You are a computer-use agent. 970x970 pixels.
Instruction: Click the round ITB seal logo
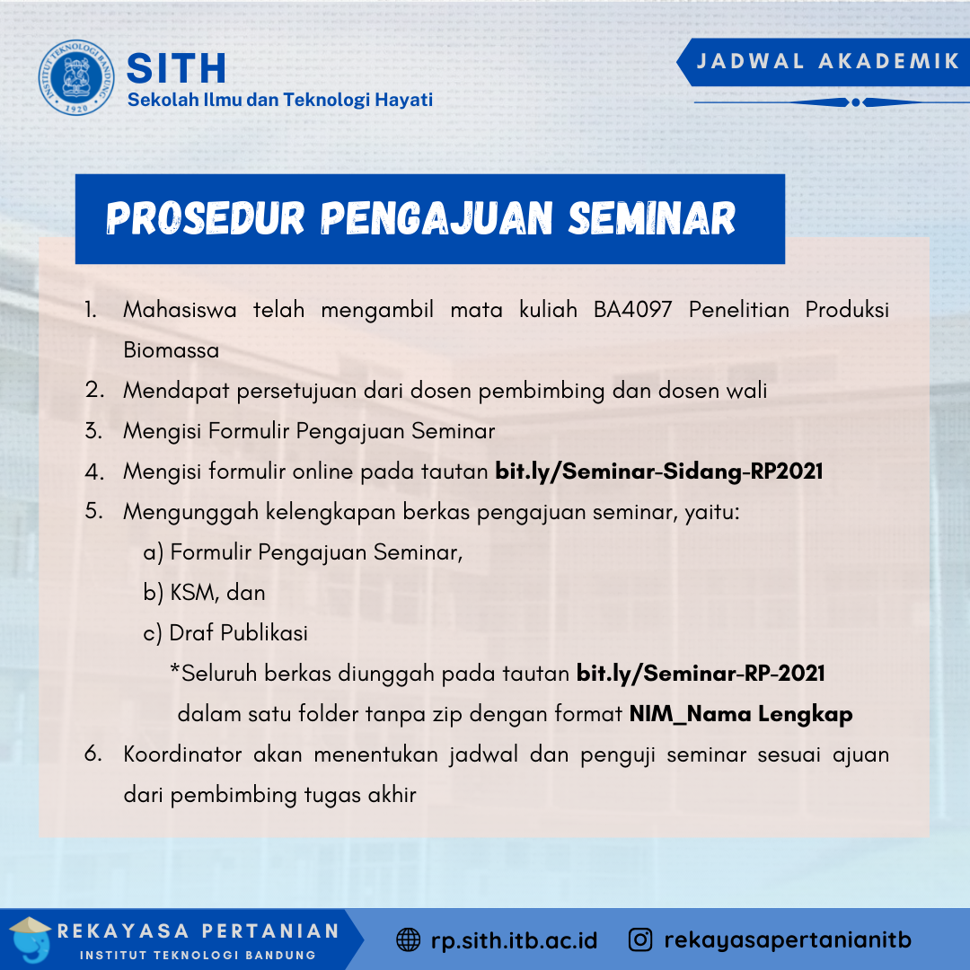pyautogui.click(x=76, y=76)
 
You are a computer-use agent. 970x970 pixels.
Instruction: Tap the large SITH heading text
pyautogui.click(x=177, y=68)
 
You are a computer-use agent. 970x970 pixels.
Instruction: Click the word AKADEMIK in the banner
pyautogui.click(x=889, y=61)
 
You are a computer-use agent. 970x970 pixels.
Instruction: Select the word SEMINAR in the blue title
pyautogui.click(x=652, y=218)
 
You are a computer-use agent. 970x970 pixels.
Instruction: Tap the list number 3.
pyautogui.click(x=93, y=430)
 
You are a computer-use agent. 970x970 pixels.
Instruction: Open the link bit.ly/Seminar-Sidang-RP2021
pyautogui.click(x=658, y=471)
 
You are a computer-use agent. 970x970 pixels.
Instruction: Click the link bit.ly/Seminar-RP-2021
pyautogui.click(x=701, y=674)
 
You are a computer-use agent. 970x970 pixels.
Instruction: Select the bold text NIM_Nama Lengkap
pyautogui.click(x=740, y=714)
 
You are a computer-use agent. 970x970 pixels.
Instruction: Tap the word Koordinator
pyautogui.click(x=182, y=754)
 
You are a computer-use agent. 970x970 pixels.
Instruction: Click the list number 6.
pyautogui.click(x=93, y=754)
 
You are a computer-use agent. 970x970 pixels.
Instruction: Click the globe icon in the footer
pyautogui.click(x=408, y=940)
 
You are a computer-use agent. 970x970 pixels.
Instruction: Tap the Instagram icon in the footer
pyautogui.click(x=640, y=940)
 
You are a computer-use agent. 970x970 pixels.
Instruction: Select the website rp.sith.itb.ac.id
pyautogui.click(x=514, y=940)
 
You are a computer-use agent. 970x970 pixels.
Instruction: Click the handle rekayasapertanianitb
pyautogui.click(x=788, y=940)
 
